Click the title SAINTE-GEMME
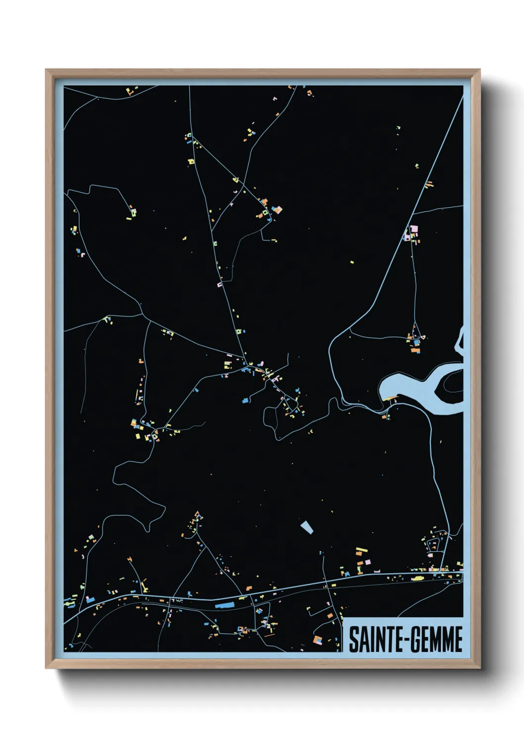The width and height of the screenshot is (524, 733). point(405,639)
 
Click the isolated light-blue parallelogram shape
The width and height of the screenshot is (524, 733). point(307,527)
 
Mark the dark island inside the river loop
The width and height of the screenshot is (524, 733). point(454,381)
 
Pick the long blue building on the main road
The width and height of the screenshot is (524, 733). point(224,605)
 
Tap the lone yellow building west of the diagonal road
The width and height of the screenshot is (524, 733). point(352,262)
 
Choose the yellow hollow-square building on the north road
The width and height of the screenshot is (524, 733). point(191,161)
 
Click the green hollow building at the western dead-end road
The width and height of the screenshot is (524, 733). point(133,212)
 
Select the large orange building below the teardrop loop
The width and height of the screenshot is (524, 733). point(415,350)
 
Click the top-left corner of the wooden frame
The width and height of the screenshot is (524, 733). point(46,70)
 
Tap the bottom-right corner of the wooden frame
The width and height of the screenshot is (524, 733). point(479,668)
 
